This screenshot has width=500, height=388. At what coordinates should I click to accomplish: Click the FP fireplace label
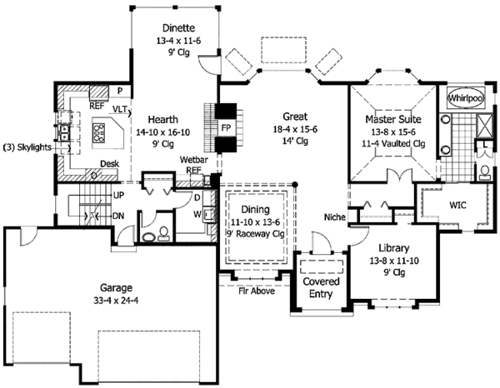pyautogui.click(x=226, y=128)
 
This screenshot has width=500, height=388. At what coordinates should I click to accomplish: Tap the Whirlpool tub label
pyautogui.click(x=466, y=98)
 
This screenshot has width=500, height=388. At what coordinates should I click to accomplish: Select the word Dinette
pyautogui.click(x=178, y=28)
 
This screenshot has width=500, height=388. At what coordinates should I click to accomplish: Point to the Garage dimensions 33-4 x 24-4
pyautogui.click(x=116, y=301)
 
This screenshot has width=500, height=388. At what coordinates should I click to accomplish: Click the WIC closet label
pyautogui.click(x=457, y=205)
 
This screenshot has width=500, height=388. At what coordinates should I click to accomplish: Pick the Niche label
pyautogui.click(x=335, y=217)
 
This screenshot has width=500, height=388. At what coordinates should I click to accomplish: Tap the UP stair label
pyautogui.click(x=118, y=196)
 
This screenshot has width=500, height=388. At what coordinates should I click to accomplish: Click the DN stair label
pyautogui.click(x=118, y=216)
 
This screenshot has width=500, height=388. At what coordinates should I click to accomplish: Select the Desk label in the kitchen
pyautogui.click(x=110, y=164)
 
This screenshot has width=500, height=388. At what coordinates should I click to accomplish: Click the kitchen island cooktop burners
pyautogui.click(x=98, y=132)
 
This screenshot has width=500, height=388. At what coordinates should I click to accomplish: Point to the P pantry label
pyautogui.click(x=120, y=91)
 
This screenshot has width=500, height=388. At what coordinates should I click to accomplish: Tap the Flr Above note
pyautogui.click(x=257, y=291)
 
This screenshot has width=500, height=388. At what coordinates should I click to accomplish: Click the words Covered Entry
pyautogui.click(x=321, y=287)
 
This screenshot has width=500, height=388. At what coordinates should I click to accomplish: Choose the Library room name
pyautogui.click(x=394, y=248)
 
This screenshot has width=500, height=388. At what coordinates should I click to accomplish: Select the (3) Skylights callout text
pyautogui.click(x=27, y=147)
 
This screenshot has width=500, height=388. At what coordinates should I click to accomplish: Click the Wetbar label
pyautogui.click(x=194, y=159)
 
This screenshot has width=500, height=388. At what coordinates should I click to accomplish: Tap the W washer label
pyautogui.click(x=197, y=214)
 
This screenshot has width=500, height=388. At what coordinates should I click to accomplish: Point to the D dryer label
pyautogui.click(x=197, y=198)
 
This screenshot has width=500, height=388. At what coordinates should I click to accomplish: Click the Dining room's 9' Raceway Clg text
pyautogui.click(x=256, y=234)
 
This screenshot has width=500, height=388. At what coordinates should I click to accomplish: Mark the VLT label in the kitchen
pyautogui.click(x=120, y=109)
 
